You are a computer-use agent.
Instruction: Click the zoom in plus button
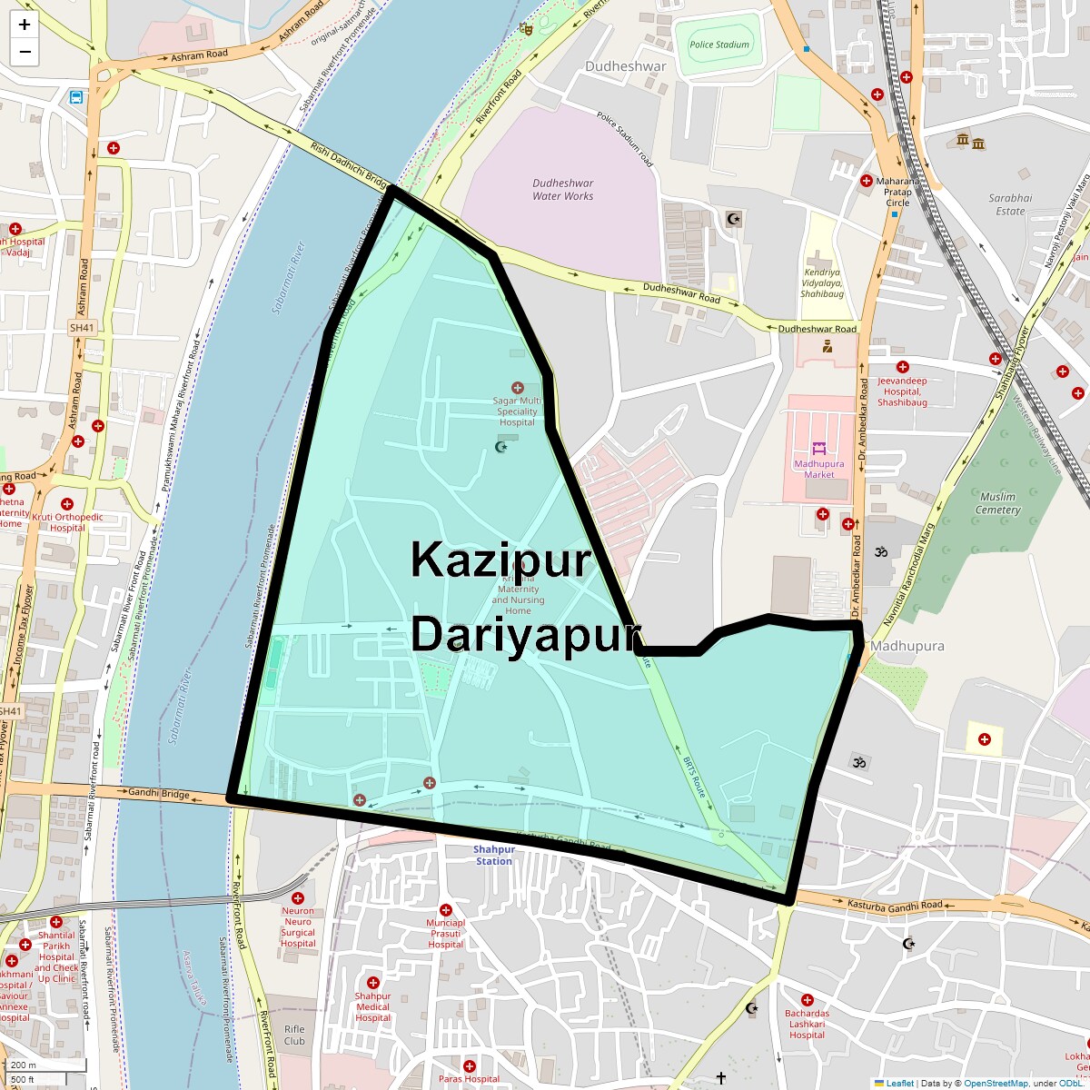[x=25, y=25]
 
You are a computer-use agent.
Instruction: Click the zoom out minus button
[x=25, y=52]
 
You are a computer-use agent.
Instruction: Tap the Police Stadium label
[x=719, y=45]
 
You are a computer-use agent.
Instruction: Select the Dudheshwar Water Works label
[x=562, y=190]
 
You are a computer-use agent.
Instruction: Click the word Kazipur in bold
[x=500, y=560]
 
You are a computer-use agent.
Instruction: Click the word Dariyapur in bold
[x=525, y=634]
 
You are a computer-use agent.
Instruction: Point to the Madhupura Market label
[x=818, y=469]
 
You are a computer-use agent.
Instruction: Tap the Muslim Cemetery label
[x=997, y=503]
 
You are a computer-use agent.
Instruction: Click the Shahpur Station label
[x=493, y=856]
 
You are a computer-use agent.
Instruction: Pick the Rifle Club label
[x=294, y=1035]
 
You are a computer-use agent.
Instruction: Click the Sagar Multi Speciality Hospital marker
[x=518, y=389]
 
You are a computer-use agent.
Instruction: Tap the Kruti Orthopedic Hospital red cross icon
[x=66, y=504]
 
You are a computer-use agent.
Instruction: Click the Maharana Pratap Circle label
[x=897, y=192]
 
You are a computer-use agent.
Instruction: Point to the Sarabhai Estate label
[x=1010, y=204]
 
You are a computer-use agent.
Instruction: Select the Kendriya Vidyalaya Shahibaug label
[x=822, y=282]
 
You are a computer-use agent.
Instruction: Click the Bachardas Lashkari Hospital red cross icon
[x=807, y=1000]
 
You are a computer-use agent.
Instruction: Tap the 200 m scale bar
[x=45, y=1065]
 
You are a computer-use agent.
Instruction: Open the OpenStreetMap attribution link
[x=996, y=1083]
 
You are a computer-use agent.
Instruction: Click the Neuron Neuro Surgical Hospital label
[x=298, y=926]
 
